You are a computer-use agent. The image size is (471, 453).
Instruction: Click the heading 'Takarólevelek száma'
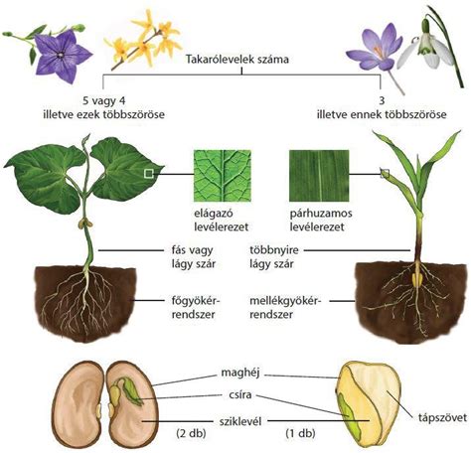click(x=237, y=60)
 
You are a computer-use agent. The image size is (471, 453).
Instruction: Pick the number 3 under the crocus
click(x=382, y=100)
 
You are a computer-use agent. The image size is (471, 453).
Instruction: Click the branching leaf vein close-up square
click(x=222, y=176)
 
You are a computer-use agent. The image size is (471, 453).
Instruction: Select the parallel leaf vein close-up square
click(x=319, y=176)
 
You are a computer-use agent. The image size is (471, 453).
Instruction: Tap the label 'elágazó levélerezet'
click(x=222, y=220)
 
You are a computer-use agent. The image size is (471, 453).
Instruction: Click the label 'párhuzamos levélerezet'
click(x=321, y=220)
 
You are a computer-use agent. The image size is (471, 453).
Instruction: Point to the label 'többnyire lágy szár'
click(x=273, y=257)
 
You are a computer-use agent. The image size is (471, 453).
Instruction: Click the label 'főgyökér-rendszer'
click(x=196, y=308)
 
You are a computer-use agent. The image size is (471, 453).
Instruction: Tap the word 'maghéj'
click(x=240, y=373)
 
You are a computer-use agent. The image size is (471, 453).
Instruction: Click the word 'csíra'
click(x=240, y=394)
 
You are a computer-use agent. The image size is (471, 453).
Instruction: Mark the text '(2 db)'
click(x=191, y=433)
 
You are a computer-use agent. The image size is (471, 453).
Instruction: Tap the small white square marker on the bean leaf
click(x=149, y=174)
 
